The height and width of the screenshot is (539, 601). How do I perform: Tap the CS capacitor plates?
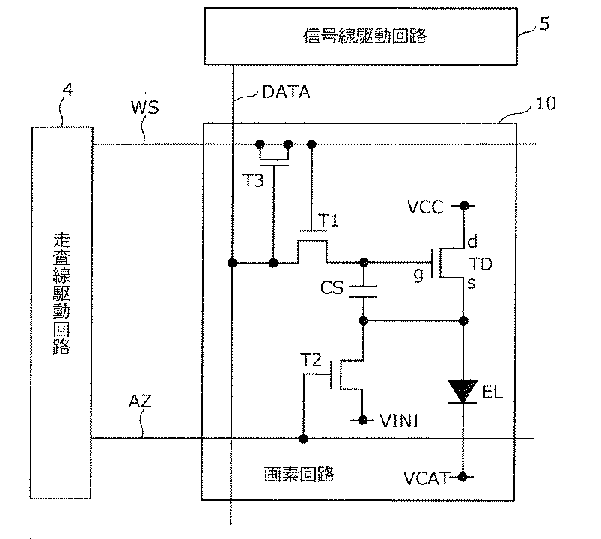click(x=363, y=291)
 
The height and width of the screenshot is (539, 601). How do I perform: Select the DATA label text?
click(x=286, y=92)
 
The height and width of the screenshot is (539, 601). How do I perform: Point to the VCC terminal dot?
click(x=464, y=206)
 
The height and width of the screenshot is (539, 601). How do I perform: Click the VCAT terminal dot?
click(x=463, y=477)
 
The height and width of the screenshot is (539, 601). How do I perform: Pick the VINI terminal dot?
click(x=361, y=420)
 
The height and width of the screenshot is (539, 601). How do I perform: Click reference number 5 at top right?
click(x=544, y=24)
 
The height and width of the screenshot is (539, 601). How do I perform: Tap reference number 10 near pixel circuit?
click(x=545, y=103)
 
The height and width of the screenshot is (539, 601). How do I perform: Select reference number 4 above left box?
click(x=67, y=90)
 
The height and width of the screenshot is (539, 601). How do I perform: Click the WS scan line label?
click(x=145, y=107)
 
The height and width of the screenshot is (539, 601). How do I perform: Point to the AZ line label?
click(x=140, y=401)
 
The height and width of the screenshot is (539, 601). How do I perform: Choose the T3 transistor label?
click(x=254, y=180)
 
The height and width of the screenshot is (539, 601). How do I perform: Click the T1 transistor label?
click(x=329, y=221)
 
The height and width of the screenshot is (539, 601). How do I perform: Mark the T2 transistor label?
click(x=311, y=360)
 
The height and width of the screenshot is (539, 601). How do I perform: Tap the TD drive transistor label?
click(x=481, y=264)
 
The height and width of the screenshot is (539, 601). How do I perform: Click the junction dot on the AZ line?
click(x=304, y=439)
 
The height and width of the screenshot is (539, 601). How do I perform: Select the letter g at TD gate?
click(x=419, y=275)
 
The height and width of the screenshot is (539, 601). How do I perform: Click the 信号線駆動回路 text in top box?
click(x=364, y=36)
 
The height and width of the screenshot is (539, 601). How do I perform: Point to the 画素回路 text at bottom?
click(x=299, y=474)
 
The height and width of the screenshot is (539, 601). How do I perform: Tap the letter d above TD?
click(x=472, y=241)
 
